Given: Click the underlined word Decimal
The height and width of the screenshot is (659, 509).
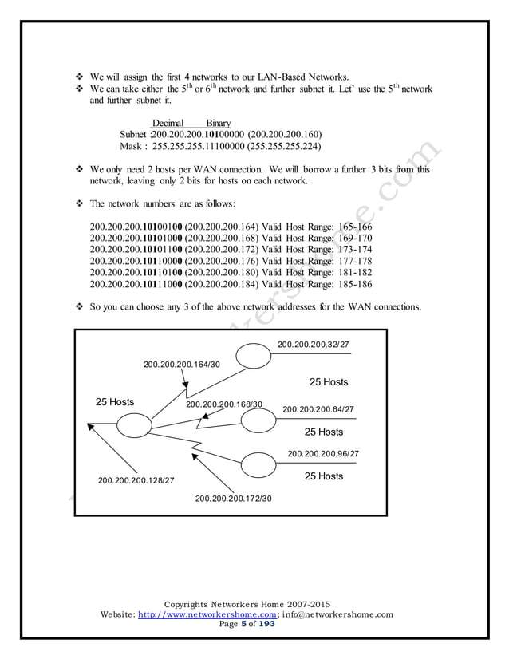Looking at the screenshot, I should (168, 124).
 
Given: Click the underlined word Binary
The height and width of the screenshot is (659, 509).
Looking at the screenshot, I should (218, 124).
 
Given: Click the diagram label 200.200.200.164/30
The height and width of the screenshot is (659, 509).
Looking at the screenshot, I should (181, 365).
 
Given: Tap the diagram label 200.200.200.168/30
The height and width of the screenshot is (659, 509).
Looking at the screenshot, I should (224, 404).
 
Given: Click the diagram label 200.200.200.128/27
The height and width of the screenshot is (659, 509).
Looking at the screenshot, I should (136, 480).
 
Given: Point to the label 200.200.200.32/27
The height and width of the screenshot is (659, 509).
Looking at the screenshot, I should (313, 344).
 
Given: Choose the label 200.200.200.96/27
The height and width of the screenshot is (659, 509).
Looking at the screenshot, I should (322, 453).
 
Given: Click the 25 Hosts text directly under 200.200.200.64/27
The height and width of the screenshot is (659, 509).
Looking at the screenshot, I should (324, 432).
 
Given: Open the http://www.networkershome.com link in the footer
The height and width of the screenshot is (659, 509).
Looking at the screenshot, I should (207, 614).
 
